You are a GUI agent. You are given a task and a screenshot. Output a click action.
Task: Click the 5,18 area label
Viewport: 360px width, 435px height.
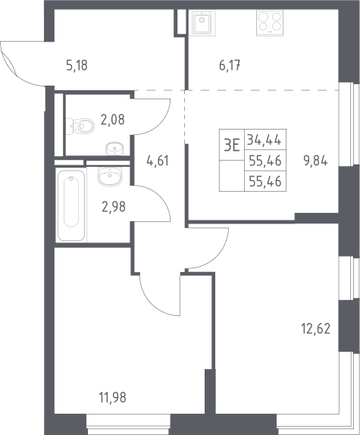tap(77, 65)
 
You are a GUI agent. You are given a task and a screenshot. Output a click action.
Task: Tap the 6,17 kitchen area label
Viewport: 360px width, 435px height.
tap(230, 66)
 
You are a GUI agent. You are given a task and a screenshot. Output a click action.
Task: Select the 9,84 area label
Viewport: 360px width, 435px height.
tap(315, 161)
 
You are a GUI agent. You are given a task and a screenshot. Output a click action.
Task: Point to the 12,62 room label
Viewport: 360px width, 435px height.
tap(315, 329)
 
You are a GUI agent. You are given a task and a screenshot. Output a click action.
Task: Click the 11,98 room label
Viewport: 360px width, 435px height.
tap(113, 397)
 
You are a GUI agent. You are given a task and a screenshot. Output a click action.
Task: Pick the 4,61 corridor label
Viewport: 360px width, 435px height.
tap(157, 161)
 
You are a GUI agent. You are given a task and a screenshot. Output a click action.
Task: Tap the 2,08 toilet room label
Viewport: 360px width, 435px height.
tap(112, 120)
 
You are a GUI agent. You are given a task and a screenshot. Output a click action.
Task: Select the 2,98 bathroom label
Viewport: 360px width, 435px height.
tap(114, 207)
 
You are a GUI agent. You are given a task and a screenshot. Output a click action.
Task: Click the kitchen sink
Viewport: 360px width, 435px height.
tap(202, 22)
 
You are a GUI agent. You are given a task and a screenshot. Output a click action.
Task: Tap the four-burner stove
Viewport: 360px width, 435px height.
tap(270, 23)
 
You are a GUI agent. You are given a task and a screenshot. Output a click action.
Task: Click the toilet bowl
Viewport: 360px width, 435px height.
tap(80, 126)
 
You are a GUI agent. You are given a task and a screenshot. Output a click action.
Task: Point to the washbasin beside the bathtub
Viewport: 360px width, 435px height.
tap(110, 177)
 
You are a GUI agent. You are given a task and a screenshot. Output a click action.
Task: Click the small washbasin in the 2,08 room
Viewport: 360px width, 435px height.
tap(114, 148)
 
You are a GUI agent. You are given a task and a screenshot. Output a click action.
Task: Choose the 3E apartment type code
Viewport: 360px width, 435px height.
tap(232, 145)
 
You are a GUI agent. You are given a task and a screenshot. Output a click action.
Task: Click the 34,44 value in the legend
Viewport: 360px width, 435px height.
tap(264, 139)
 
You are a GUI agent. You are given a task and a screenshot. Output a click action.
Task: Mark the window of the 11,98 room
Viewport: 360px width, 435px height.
tap(128, 424)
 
